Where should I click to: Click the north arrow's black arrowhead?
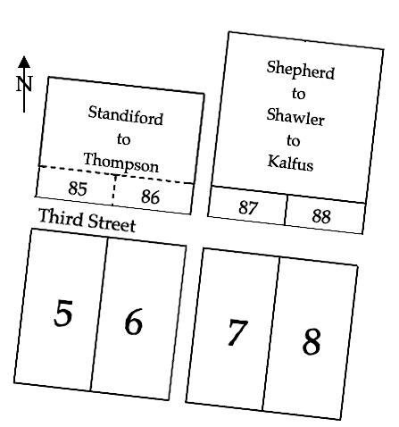click(x=24, y=62)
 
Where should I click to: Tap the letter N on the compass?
click(x=24, y=84)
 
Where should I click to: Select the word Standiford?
click(x=126, y=115)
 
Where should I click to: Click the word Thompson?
click(x=121, y=163)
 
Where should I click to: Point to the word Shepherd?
click(x=301, y=71)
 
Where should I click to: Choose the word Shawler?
click(x=295, y=117)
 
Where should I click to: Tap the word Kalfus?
click(x=290, y=163)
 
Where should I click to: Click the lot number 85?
click(x=78, y=188)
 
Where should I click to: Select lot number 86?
click(x=150, y=197)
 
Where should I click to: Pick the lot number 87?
click(x=247, y=207)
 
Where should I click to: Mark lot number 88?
click(x=321, y=216)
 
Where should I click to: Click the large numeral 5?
click(x=63, y=313)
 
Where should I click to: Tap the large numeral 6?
click(x=134, y=322)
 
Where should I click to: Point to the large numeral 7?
click(x=237, y=332)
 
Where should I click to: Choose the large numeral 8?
click(x=312, y=341)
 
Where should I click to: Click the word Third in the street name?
click(x=61, y=217)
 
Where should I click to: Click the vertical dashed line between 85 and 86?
click(x=113, y=190)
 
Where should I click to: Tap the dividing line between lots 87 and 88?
click(x=286, y=210)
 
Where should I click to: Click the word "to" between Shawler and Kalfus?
click(x=293, y=140)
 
